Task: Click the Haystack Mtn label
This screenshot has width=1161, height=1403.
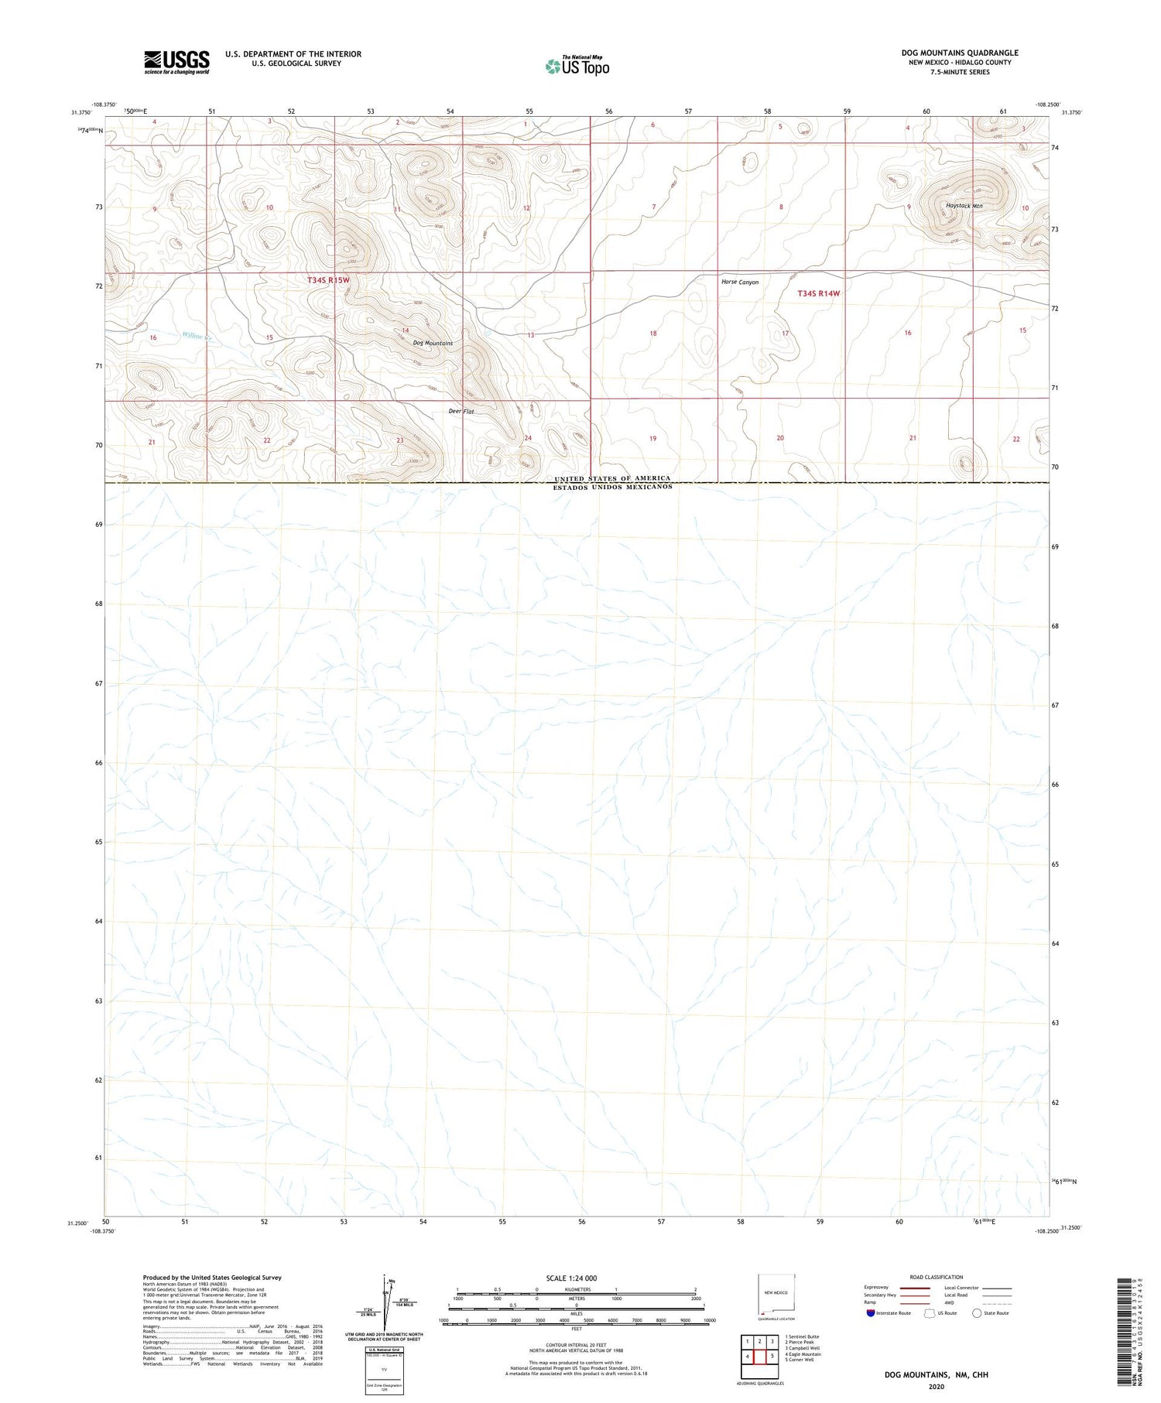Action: (964, 206)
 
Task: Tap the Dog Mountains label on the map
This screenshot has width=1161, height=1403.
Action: (433, 343)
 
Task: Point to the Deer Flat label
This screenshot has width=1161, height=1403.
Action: (461, 412)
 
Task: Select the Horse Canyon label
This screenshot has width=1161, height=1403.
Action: (740, 282)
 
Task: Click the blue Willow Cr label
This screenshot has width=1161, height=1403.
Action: (197, 337)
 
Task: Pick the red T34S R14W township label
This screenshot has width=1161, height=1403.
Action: (818, 293)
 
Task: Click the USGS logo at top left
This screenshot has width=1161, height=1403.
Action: (176, 62)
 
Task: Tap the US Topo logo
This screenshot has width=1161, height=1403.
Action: (577, 67)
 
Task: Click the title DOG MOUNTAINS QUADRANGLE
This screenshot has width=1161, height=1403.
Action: (960, 53)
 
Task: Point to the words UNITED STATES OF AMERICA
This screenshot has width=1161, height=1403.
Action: (612, 478)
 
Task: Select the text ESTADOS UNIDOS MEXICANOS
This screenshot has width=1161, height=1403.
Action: (612, 487)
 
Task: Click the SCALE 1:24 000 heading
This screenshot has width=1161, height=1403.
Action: (570, 1278)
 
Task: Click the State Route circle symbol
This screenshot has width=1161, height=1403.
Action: (977, 1313)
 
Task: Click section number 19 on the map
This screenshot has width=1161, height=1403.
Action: (652, 439)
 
